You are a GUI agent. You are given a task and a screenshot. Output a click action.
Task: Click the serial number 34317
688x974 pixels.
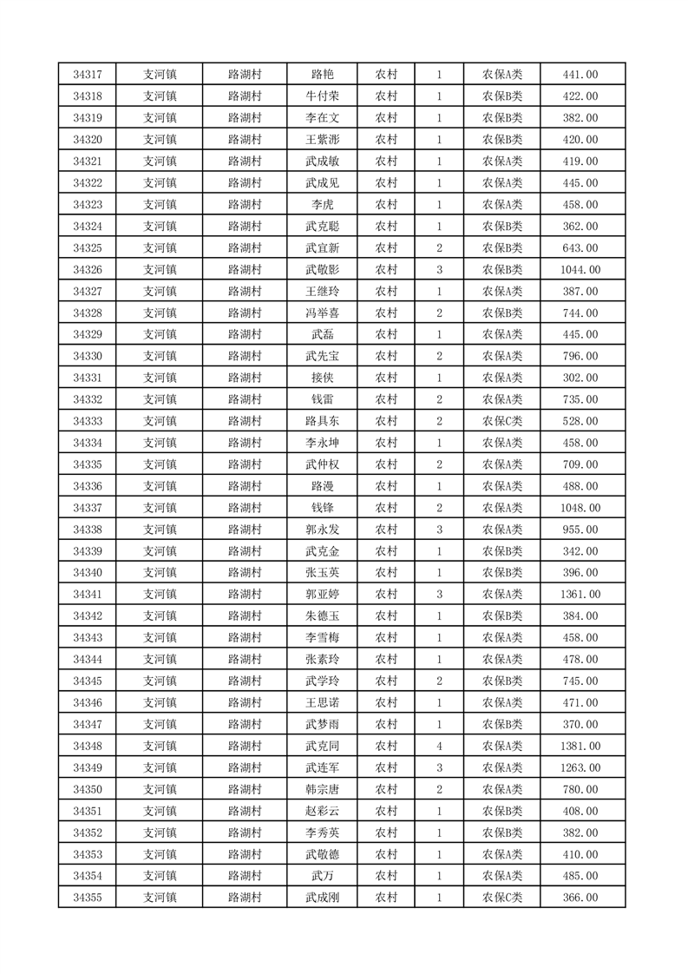[87, 75]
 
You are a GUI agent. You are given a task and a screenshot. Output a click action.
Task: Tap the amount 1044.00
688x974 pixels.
[580, 269]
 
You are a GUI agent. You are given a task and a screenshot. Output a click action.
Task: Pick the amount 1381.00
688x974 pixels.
[580, 746]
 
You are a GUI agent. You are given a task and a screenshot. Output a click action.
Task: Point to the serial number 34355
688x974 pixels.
[87, 898]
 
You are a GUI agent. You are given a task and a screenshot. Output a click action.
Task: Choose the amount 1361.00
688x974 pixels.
[580, 594]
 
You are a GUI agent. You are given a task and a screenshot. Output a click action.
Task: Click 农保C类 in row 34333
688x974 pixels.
[502, 421]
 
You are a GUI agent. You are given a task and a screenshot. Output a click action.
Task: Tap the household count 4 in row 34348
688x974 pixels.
[440, 746]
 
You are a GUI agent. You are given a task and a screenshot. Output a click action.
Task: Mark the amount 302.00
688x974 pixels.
[580, 378]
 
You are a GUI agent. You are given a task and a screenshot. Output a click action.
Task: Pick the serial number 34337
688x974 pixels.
[87, 508]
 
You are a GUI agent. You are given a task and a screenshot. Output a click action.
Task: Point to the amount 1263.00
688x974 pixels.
[580, 767]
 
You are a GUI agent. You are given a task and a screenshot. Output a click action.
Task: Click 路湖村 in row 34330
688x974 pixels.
[245, 356]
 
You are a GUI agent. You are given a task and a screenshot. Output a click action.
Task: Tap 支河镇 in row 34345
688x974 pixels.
[160, 681]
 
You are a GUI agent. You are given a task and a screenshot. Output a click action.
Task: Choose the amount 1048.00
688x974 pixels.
[580, 508]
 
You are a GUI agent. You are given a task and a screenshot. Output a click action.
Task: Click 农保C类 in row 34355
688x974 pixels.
[502, 898]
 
